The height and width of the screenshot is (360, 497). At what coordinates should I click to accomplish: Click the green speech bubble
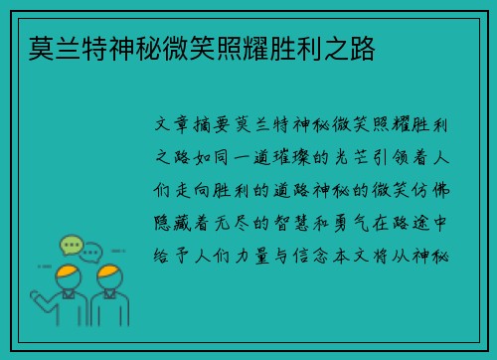click(71, 245)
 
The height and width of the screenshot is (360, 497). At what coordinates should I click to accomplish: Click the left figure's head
click(68, 275)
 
